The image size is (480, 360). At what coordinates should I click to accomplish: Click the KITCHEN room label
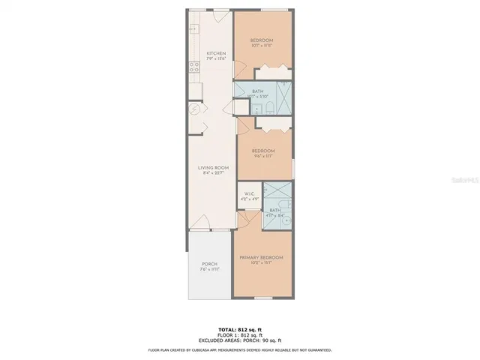pyautogui.click(x=216, y=53)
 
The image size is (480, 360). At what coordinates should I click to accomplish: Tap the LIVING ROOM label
pyautogui.click(x=213, y=168)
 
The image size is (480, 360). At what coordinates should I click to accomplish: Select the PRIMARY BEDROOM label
pyautogui.click(x=260, y=257)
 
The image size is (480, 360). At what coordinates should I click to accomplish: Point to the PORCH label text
pyautogui.click(x=209, y=264)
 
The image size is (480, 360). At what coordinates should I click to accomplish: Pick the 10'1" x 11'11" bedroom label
pyautogui.click(x=261, y=40)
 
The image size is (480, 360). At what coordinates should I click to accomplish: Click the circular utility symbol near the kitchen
pyautogui.click(x=195, y=109)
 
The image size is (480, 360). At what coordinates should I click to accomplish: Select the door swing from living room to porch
pyautogui.click(x=201, y=223)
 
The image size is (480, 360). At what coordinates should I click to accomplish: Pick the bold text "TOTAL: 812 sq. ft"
pyautogui.click(x=239, y=330)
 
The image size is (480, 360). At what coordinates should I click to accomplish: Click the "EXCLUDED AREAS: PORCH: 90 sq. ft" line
pyautogui.click(x=239, y=340)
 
